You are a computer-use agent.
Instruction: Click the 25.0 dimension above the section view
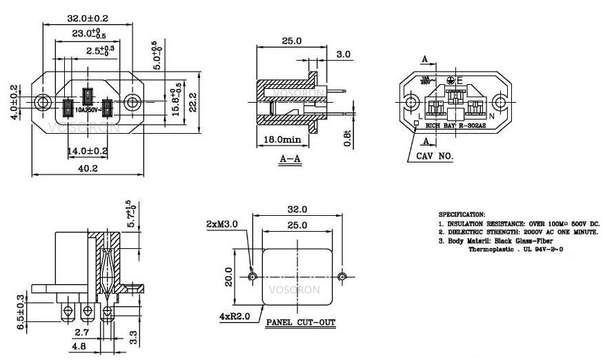pyautogui.click(x=291, y=41)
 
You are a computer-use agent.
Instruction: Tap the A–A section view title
pyautogui.click(x=290, y=159)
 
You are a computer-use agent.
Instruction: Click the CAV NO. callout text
pyautogui.click(x=435, y=157)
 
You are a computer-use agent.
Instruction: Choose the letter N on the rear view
pyautogui.click(x=491, y=117)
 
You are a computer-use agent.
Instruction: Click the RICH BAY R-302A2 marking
pyautogui.click(x=455, y=126)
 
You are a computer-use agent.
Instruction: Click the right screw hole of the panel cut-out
pyautogui.click(x=342, y=277)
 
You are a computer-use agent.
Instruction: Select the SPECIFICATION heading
pyautogui.click(x=462, y=215)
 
